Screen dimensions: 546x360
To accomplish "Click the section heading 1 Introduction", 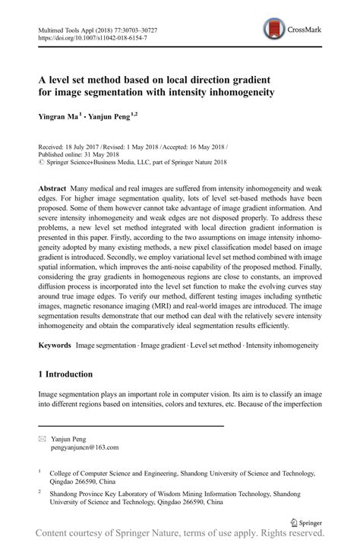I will [65, 374].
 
